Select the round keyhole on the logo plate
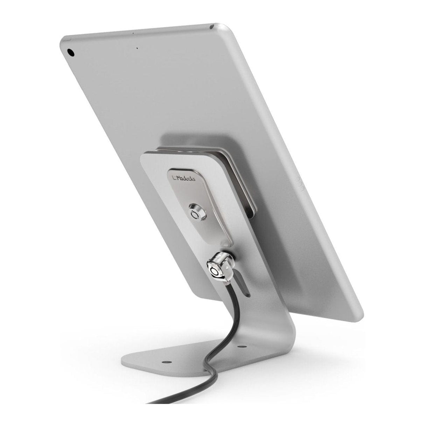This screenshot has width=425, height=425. tap(194, 213)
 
